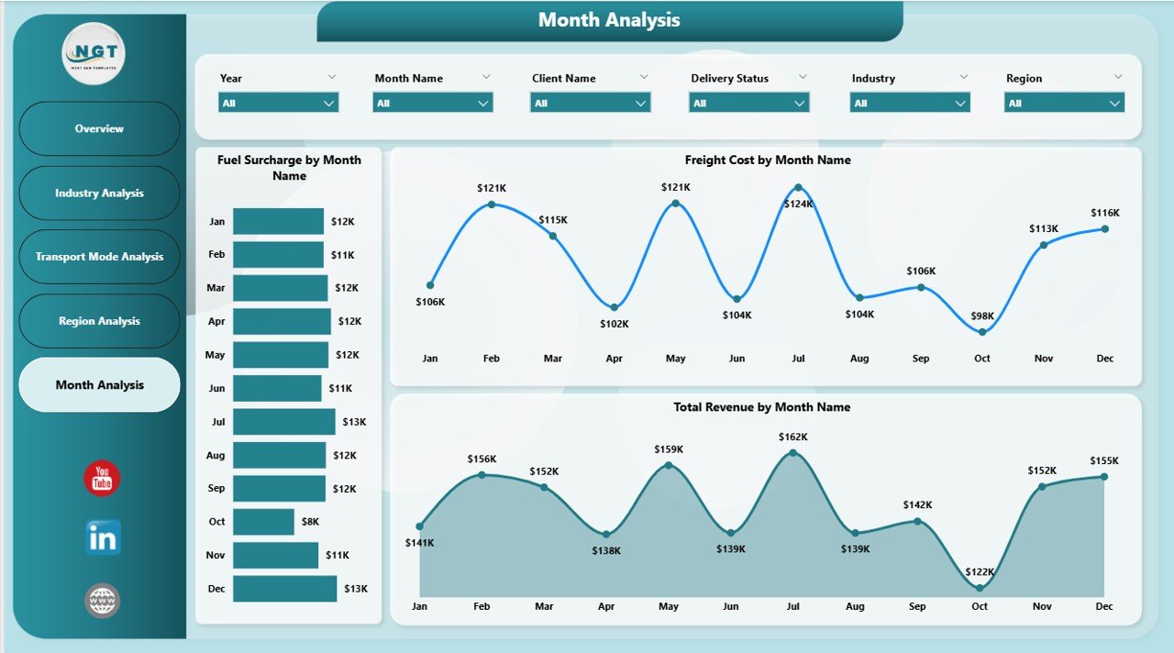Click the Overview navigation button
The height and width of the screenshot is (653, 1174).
pos(99,128)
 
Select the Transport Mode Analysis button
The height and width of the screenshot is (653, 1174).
pos(99,257)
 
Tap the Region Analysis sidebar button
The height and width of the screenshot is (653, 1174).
pos(99,321)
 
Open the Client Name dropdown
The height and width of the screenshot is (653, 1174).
pos(590,104)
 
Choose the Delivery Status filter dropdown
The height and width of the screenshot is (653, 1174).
pos(748,104)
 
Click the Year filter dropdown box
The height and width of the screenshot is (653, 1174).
pos(278,104)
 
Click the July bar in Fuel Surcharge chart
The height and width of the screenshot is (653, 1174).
pos(283,422)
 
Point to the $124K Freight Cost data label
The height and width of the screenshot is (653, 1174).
pos(798,204)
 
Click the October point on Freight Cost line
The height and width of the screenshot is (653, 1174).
pos(982,332)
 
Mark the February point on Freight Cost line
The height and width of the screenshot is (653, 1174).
pos(492,204)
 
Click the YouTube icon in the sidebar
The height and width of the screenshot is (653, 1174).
pos(102,479)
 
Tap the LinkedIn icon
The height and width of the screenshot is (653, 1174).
pos(102,538)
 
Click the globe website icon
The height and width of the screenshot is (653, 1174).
pos(102,601)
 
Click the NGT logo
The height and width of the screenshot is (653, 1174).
pos(94,53)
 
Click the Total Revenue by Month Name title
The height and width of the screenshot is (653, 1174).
pos(761,407)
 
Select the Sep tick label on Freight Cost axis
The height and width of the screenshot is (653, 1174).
pos(921,359)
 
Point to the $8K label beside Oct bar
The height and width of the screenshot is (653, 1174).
pos(310,522)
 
